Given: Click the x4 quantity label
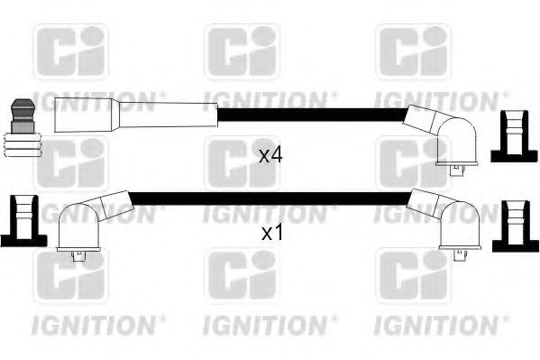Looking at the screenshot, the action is [x=270, y=155].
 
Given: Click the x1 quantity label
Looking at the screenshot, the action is [x=270, y=233].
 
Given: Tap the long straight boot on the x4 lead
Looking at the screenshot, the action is [x=135, y=115].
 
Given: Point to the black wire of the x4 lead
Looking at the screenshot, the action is [x=311, y=115].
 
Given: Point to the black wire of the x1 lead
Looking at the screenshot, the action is [x=270, y=197].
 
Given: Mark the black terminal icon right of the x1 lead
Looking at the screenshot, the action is [x=514, y=221].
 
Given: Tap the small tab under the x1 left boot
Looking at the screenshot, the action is [x=78, y=256].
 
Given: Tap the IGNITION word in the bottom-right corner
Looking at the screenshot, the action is [x=430, y=320].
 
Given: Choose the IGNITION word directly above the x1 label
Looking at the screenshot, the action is [x=265, y=215].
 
